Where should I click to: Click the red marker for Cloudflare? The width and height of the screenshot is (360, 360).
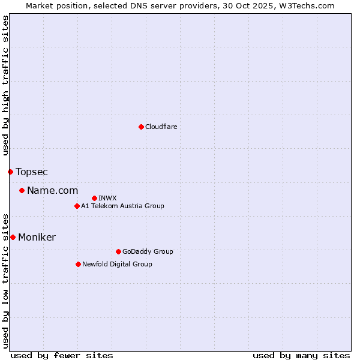coord(141,127)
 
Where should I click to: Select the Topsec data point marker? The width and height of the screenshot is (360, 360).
coord(10,172)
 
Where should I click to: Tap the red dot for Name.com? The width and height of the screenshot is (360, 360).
coord(22,191)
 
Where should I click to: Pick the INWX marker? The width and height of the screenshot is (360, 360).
coord(94,198)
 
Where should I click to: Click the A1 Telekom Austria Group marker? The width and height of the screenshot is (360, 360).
coord(77,206)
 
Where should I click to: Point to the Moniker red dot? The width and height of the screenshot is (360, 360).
coord(13,238)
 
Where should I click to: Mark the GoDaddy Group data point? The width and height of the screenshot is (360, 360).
coord(118,251)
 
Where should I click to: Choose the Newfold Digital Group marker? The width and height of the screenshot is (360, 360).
coord(78,264)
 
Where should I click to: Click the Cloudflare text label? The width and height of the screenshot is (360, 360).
coord(161,127)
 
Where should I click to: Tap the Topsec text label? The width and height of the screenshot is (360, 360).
coord(32,172)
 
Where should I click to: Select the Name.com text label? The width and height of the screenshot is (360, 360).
coord(53,191)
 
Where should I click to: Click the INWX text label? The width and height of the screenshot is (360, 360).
coord(107,198)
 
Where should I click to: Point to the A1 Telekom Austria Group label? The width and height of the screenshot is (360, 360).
coord(122,206)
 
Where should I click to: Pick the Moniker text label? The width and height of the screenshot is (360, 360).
coord(37,238)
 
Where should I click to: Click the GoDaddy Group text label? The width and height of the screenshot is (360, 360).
coord(148,251)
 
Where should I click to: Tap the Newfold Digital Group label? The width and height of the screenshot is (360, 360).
coord(117,264)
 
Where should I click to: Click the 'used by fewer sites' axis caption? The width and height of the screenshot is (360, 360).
coord(62,355)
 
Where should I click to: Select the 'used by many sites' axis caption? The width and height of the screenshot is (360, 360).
coord(301,355)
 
